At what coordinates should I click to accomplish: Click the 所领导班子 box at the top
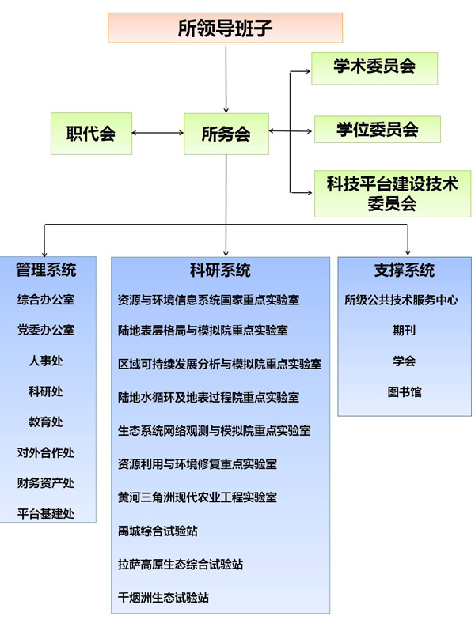click(226, 28)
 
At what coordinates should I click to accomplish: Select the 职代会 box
click(91, 133)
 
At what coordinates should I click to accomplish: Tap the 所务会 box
click(226, 134)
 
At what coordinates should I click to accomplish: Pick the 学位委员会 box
click(377, 129)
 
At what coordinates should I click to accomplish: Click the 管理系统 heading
click(46, 270)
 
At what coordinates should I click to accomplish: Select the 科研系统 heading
click(220, 270)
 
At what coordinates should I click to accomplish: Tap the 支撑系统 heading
click(404, 270)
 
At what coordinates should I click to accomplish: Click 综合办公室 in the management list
click(46, 301)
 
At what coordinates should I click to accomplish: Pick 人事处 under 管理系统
click(46, 361)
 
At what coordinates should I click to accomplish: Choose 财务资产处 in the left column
click(46, 483)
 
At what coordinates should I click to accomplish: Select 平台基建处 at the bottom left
click(46, 514)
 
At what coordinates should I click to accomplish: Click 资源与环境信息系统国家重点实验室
click(208, 301)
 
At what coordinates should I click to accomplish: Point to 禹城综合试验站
click(157, 531)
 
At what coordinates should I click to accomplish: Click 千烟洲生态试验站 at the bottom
click(163, 598)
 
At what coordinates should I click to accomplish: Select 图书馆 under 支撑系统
click(404, 391)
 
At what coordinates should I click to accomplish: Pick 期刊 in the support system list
click(404, 331)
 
